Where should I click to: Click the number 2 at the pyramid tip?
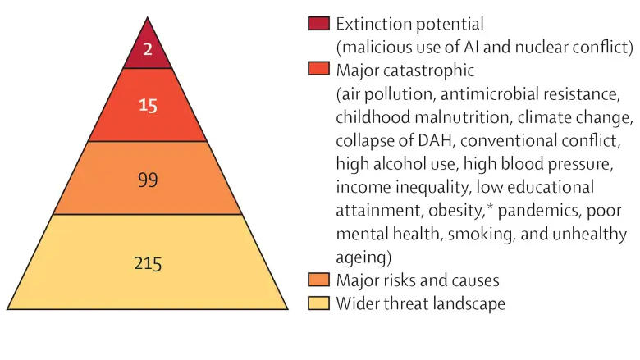[148, 49]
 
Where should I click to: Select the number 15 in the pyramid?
[148, 106]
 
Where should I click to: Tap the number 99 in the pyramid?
[148, 180]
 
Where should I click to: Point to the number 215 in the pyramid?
[148, 263]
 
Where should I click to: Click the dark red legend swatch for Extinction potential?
[318, 23]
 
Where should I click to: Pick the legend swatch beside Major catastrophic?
[318, 69]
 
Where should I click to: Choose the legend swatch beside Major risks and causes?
[318, 280]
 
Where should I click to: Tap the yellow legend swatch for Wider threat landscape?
[318, 303]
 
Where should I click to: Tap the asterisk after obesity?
[490, 207]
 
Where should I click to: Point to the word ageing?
[361, 258]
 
